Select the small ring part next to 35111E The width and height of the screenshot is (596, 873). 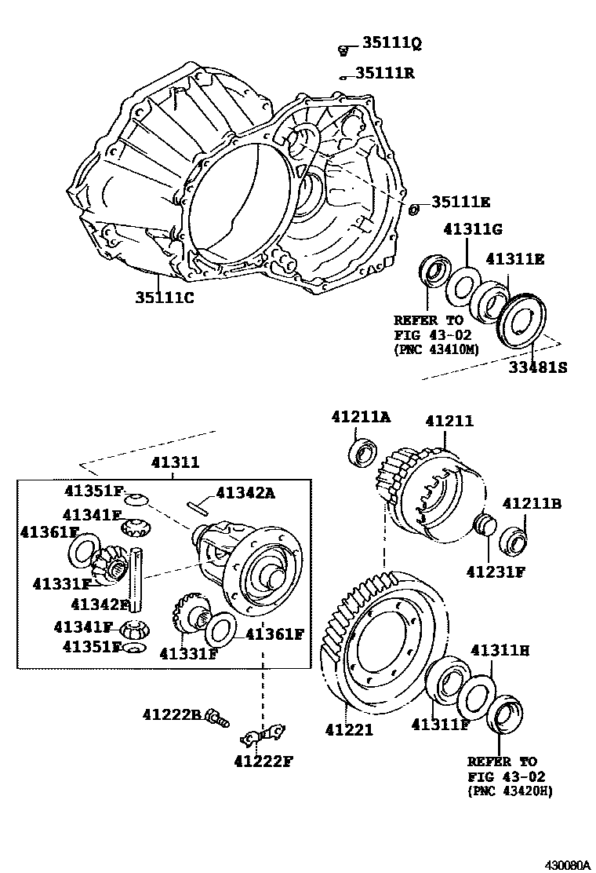coord(416,208)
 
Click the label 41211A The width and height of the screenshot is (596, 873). coord(360,418)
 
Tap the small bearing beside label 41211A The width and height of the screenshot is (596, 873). coord(363,453)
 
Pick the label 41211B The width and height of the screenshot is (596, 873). coord(531,504)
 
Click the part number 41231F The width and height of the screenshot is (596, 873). coord(496,572)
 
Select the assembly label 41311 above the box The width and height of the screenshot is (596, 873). coord(175,462)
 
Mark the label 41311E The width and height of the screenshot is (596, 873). coord(514,258)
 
